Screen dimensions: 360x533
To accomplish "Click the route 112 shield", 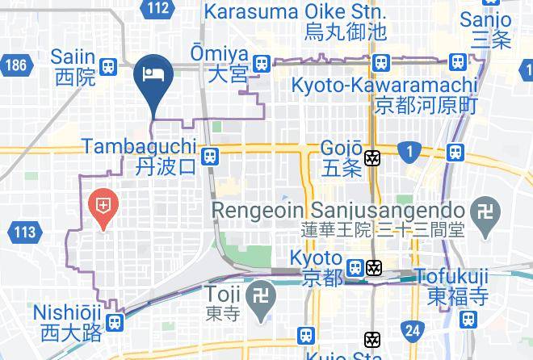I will pos(159,9).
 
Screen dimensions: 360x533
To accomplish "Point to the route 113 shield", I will pos(24,233).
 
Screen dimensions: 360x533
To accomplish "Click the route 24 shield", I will pos(413,329).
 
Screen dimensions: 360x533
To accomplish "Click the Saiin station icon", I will pos(109,67).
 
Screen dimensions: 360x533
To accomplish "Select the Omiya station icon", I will pos(261,63).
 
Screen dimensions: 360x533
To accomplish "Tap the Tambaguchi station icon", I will pos(210,156).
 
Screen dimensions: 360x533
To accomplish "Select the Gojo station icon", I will pos(372,158).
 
